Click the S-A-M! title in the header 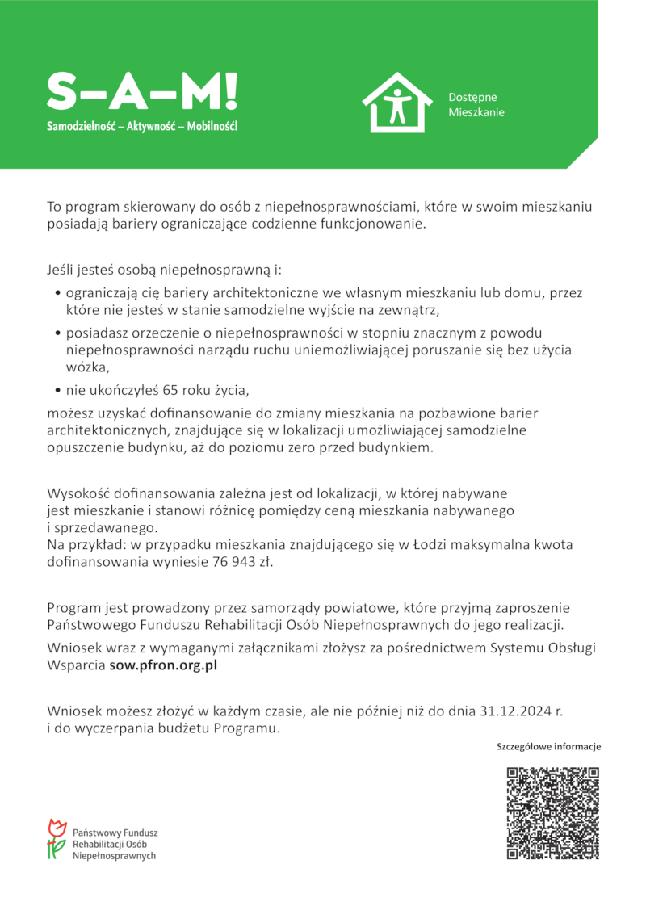tap(142, 92)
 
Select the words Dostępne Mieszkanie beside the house tap(476, 105)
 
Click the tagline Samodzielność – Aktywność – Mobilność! tap(142, 127)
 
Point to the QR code tap(553, 813)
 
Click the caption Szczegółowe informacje tap(548, 747)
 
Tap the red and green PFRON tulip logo tap(56, 838)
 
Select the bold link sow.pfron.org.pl tap(163, 666)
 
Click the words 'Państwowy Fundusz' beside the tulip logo tap(115, 831)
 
